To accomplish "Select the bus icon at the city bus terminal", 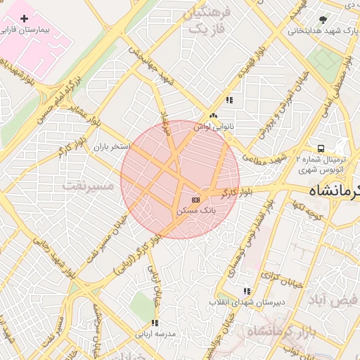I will click(x=321, y=148).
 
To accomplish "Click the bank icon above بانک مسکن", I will click(x=195, y=200).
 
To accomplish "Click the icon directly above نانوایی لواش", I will click(x=213, y=116).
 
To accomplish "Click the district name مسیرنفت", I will click(x=87, y=186).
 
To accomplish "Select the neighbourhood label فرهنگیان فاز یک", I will click(x=206, y=22).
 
